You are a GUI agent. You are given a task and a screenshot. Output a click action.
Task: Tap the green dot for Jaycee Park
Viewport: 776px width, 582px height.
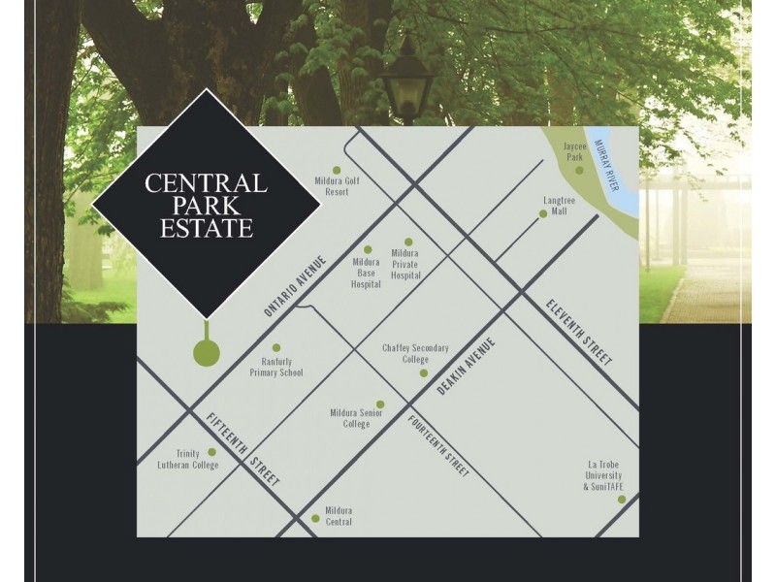click(x=579, y=171)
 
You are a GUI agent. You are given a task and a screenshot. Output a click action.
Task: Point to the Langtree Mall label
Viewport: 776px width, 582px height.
click(x=560, y=205)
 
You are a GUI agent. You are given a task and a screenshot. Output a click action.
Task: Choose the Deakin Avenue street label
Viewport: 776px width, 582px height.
click(x=466, y=368)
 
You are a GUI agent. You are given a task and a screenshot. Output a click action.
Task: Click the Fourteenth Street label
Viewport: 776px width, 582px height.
click(x=438, y=446)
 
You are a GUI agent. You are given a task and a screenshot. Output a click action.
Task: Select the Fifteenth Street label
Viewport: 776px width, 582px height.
click(x=242, y=448)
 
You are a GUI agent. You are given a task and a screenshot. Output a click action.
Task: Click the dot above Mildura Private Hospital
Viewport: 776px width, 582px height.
click(x=408, y=242)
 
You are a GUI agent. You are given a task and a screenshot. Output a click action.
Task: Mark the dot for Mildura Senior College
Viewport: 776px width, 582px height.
click(x=379, y=404)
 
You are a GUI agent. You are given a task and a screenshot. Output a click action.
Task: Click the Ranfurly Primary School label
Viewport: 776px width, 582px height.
click(x=276, y=366)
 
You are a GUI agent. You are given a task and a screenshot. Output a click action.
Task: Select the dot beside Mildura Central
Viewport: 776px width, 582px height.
click(x=315, y=518)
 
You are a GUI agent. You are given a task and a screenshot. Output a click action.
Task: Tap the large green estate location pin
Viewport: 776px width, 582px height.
click(x=206, y=352)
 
